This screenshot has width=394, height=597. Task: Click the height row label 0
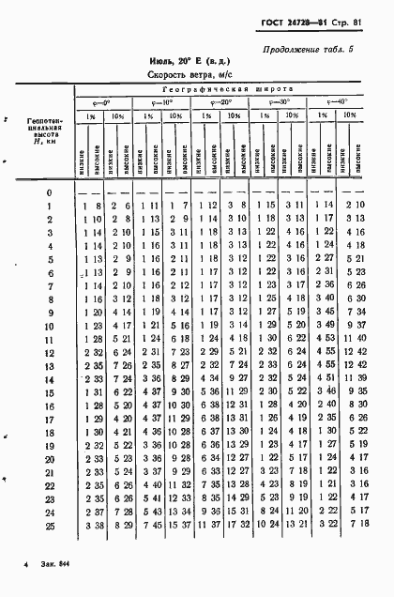click(x=48, y=192)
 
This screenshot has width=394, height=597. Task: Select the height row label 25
click(x=48, y=527)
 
